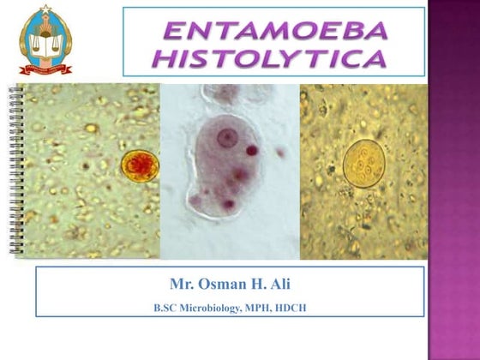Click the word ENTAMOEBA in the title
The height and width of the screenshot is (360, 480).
pyautogui.click(x=275, y=32)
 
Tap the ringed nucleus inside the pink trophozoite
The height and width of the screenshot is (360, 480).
pyautogui.click(x=226, y=136)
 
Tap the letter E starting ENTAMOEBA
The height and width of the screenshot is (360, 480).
pyautogui.click(x=173, y=32)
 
